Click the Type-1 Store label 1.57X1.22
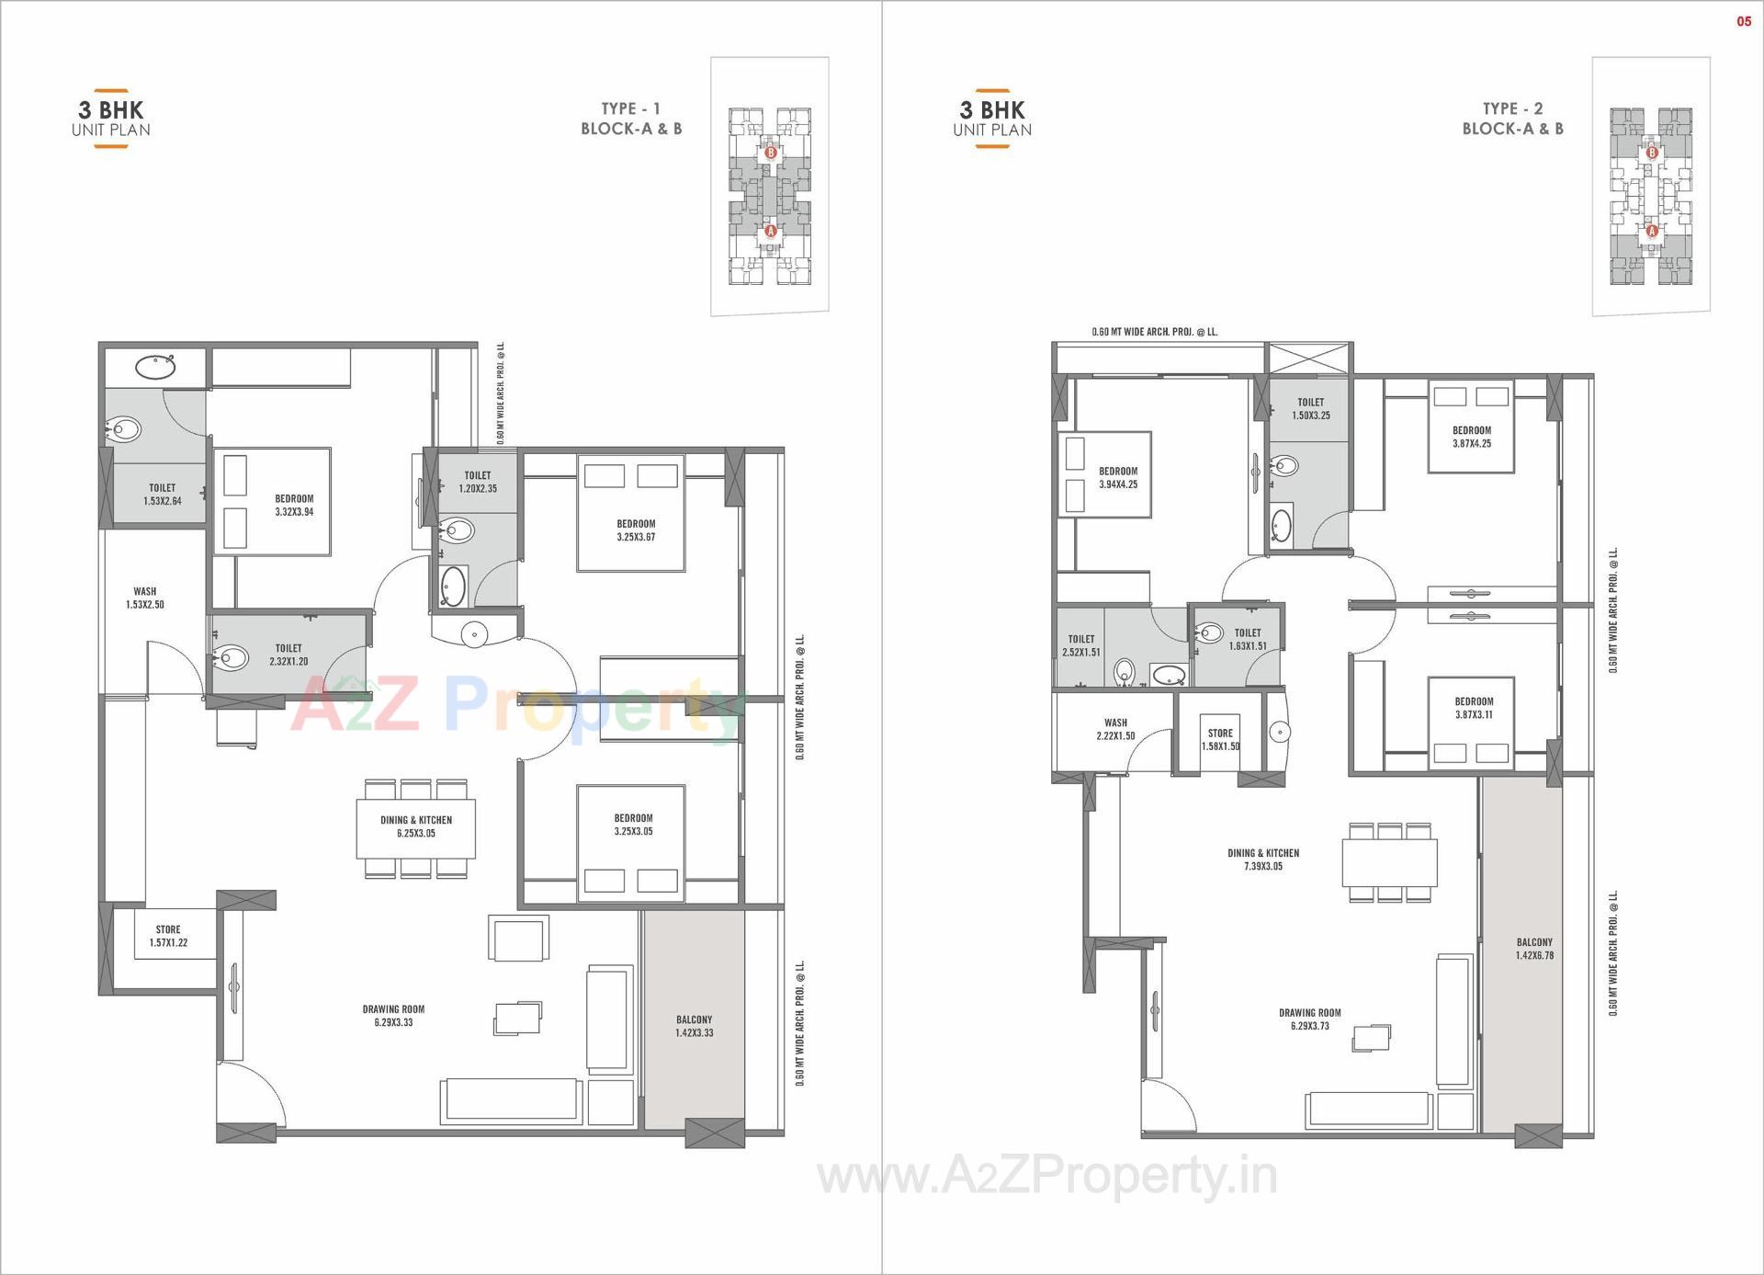pos(168,936)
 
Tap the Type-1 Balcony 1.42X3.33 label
pos(694,1026)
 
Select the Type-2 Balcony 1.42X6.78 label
pos(1534,949)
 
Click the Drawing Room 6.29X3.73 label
pos(1309,1019)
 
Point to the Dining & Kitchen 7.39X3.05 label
pos(1263,859)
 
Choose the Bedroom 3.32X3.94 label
pos(294,506)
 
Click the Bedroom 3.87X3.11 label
pos(1474,708)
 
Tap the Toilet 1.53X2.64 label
pos(163,495)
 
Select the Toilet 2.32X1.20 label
pos(288,655)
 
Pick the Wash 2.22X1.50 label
pos(1115,729)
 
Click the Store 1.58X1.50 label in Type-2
pos(1220,739)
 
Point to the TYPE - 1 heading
pos(630,108)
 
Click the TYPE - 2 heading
pos(1512,108)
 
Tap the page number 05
pos(1743,21)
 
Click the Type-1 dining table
pos(416,829)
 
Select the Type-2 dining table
pos(1389,862)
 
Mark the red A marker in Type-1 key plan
pos(770,231)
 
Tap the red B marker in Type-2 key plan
pos(1651,153)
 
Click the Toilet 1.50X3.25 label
pos(1310,409)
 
